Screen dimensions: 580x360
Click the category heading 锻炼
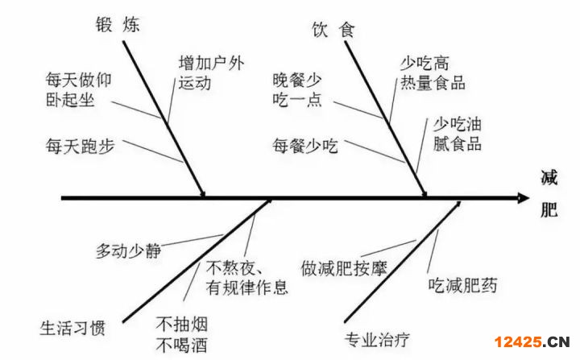click(118, 25)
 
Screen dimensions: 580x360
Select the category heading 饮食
click(333, 30)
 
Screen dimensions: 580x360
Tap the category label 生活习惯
click(72, 328)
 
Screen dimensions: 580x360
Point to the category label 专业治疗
click(377, 340)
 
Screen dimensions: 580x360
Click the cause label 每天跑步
click(80, 146)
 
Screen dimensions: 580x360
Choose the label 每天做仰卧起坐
click(78, 90)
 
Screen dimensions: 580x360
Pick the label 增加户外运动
click(211, 73)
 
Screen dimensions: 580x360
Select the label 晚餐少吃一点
click(297, 90)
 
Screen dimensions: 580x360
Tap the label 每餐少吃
click(305, 146)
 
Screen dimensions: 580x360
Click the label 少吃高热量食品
click(433, 73)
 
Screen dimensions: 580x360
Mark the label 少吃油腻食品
click(458, 134)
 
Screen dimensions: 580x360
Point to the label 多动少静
click(128, 251)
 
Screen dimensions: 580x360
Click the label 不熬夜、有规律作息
click(246, 278)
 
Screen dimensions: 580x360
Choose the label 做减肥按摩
click(344, 268)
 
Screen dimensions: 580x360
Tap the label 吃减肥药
click(462, 285)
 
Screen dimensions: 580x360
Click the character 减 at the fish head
click(549, 178)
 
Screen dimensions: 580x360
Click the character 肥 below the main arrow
click(549, 211)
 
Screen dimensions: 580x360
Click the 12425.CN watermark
click(532, 341)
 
